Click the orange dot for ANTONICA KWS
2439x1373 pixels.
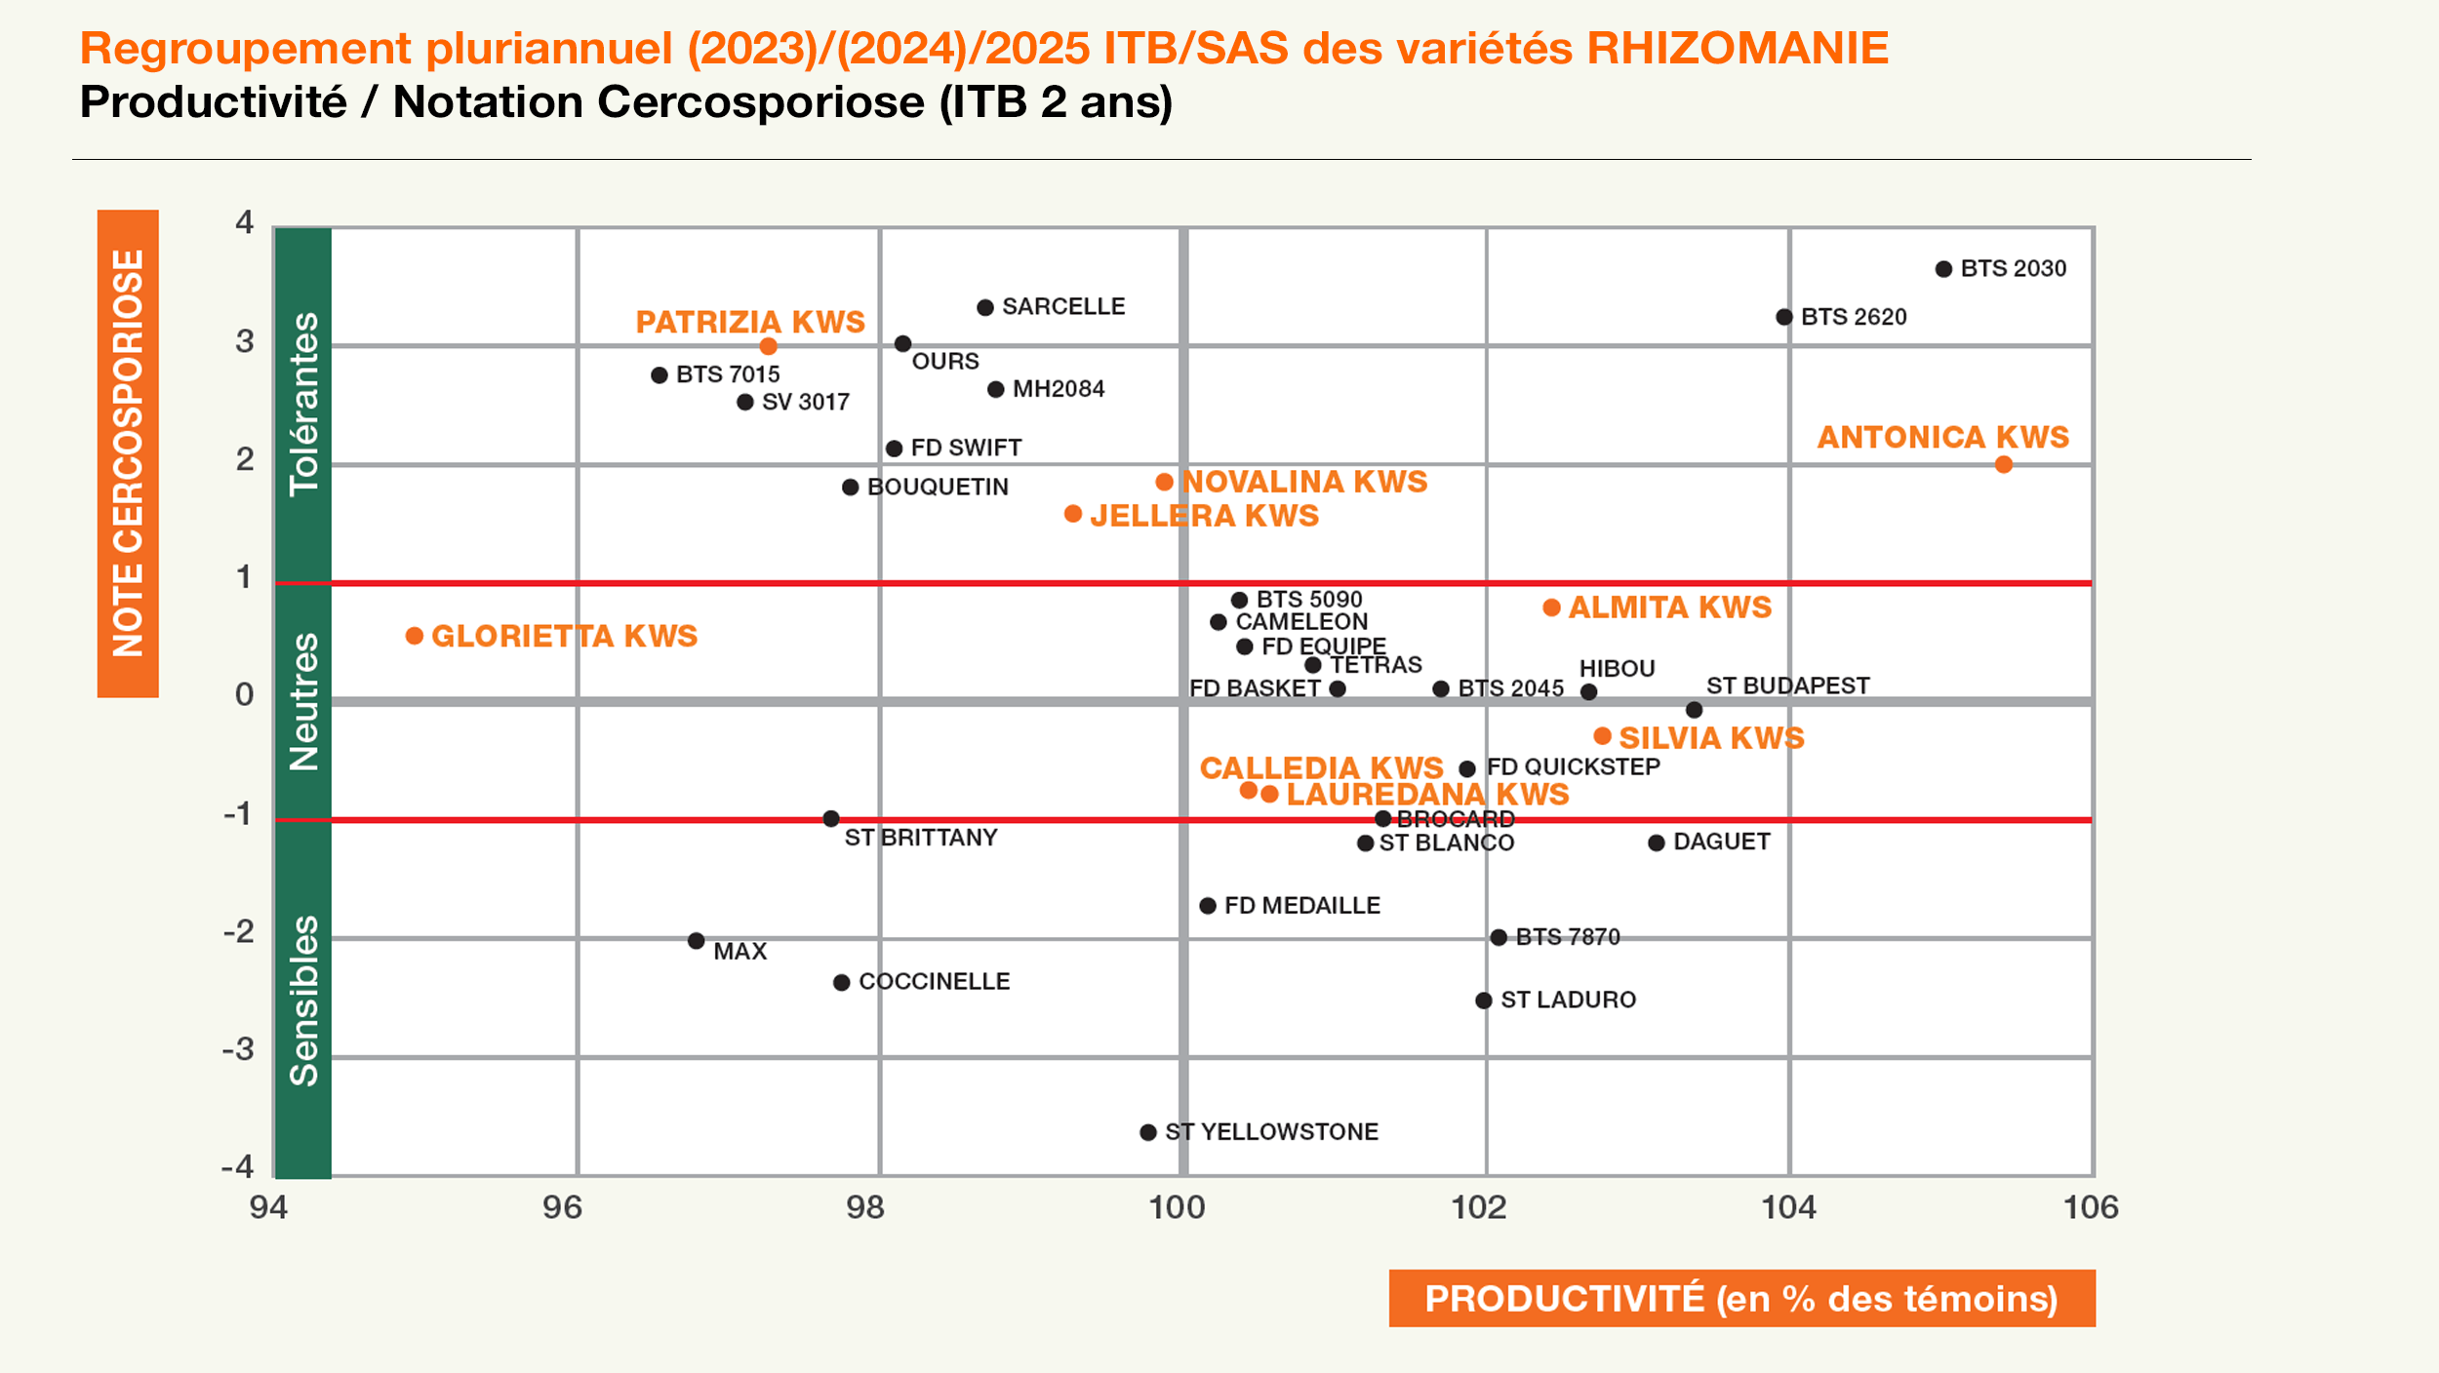[x=2003, y=465]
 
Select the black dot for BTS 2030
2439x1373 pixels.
[x=1943, y=269]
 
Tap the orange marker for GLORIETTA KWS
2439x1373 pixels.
[x=415, y=636]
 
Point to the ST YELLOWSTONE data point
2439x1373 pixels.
[x=1148, y=1132]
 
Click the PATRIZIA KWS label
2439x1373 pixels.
[x=750, y=322]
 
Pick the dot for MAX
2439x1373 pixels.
[x=696, y=941]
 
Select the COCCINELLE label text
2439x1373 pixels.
[x=934, y=981]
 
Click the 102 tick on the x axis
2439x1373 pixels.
[x=1479, y=1208]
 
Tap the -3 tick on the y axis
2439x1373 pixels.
[x=238, y=1049]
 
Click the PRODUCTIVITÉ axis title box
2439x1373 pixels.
[x=1741, y=1298]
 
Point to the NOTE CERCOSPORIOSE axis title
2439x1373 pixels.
[x=128, y=453]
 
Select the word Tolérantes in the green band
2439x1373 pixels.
[x=304, y=404]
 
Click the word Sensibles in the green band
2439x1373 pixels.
[x=304, y=1000]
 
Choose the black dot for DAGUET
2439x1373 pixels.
[x=1657, y=843]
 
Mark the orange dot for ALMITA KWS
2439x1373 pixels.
[x=1551, y=608]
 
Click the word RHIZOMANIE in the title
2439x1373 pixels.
[x=1738, y=49]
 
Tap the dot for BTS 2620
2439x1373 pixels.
[x=1784, y=317]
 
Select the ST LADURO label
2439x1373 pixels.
[x=1568, y=1000]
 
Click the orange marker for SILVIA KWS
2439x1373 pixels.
[x=1602, y=736]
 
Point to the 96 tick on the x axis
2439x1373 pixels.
[x=562, y=1208]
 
